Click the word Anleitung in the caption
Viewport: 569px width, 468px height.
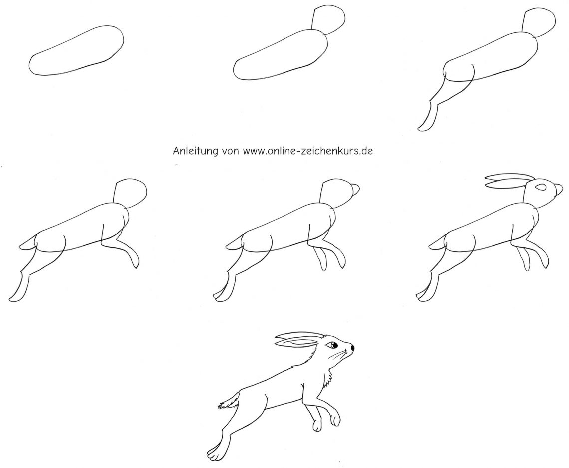pyautogui.click(x=195, y=150)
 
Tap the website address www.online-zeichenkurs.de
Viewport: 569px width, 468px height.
pyautogui.click(x=308, y=150)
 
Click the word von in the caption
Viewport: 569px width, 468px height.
pyautogui.click(x=230, y=151)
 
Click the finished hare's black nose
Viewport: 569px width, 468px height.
pyautogui.click(x=352, y=348)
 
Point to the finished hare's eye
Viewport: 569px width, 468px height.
pyautogui.click(x=332, y=344)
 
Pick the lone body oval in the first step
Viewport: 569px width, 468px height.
pyautogui.click(x=76, y=51)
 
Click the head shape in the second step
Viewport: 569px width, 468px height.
pyautogui.click(x=328, y=20)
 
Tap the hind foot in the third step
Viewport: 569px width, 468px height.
pyautogui.click(x=428, y=117)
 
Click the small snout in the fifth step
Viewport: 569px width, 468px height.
pyautogui.click(x=355, y=189)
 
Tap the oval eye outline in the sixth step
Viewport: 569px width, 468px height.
pyautogui.click(x=542, y=187)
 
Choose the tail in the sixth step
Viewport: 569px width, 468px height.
pyautogui.click(x=437, y=242)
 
